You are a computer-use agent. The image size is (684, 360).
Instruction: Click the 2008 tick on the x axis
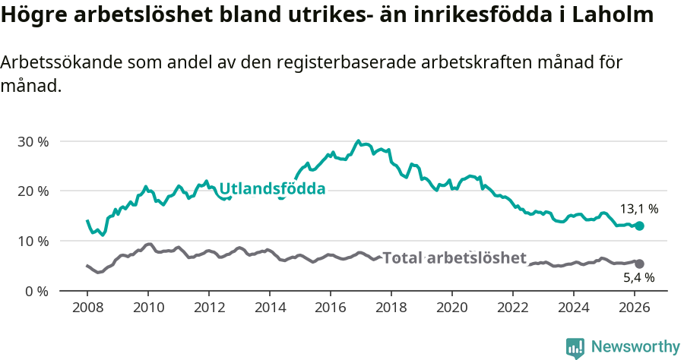(x=87, y=308)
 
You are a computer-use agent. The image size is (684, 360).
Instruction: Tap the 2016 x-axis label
(x=331, y=308)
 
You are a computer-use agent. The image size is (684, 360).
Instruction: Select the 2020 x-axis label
(x=452, y=308)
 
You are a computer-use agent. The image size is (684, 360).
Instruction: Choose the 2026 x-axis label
(x=635, y=308)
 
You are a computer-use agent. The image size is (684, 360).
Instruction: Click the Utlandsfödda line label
(x=272, y=188)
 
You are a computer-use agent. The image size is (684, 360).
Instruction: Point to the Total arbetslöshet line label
(x=454, y=258)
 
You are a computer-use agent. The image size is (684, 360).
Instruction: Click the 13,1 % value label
(x=640, y=208)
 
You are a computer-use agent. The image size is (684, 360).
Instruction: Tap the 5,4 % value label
(x=638, y=278)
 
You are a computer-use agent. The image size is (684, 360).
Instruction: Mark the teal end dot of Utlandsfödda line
(x=639, y=226)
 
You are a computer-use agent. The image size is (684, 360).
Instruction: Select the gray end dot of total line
(x=639, y=264)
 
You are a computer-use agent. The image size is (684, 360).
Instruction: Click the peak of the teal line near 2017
(x=358, y=141)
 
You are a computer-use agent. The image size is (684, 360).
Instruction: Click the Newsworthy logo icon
(x=575, y=348)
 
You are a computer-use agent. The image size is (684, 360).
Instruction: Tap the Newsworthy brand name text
(x=635, y=347)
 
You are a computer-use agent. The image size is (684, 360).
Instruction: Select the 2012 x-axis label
(x=209, y=308)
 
